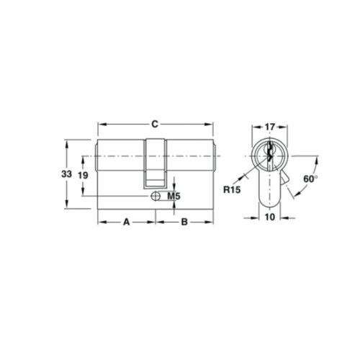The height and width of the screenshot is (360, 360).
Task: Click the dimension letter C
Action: coord(155,125)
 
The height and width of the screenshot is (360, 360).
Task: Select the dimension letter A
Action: coord(126,222)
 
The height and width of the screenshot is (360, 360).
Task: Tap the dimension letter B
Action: coord(184,222)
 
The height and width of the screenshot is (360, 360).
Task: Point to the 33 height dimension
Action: coord(66,174)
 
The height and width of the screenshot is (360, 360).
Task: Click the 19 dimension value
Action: coord(83,176)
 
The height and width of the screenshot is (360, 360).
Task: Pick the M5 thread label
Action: coord(174,197)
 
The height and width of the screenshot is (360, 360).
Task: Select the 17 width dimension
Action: coord(269,127)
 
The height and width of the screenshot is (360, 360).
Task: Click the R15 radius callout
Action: coord(232,190)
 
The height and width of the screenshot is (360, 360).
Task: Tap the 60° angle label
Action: coord(310,179)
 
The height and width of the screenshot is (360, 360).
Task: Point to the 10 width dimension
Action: coord(270,217)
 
